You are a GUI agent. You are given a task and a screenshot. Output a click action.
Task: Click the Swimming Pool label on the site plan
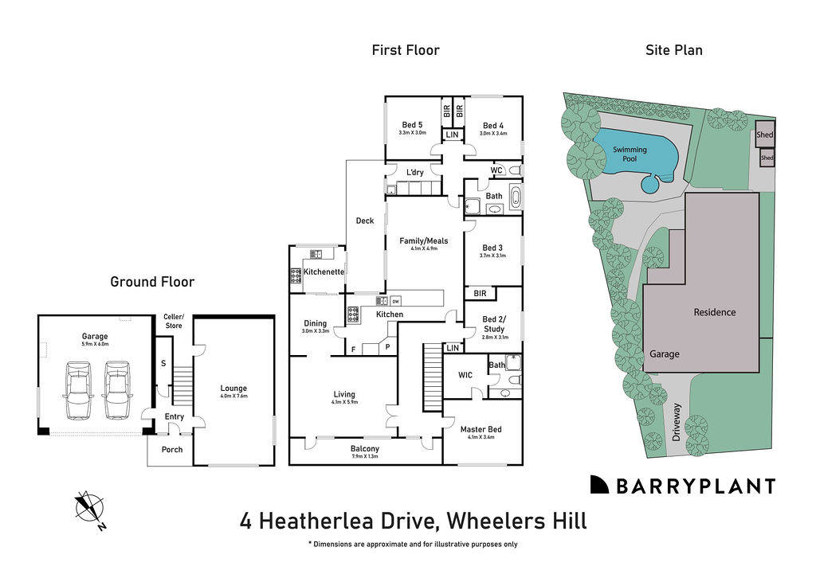(630, 154)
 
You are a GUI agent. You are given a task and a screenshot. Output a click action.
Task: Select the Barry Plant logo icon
(600, 485)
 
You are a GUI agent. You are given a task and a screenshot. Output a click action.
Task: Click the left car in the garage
(78, 390)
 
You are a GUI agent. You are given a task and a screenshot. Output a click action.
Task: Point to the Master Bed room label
(481, 430)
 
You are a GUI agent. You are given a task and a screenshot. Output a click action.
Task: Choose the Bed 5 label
(412, 125)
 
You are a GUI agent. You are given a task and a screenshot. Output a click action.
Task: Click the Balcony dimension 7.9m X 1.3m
(365, 457)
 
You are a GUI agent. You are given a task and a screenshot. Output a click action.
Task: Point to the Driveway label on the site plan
(677, 423)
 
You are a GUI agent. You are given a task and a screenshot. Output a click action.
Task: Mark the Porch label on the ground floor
(172, 450)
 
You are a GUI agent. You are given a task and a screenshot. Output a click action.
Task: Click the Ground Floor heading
(152, 282)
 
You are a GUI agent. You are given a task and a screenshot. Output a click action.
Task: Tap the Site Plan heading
(673, 50)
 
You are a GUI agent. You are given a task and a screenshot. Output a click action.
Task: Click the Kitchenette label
(324, 272)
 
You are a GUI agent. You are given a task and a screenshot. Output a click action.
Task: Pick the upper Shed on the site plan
(765, 135)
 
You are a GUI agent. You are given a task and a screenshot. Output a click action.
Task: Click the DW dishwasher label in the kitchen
(395, 301)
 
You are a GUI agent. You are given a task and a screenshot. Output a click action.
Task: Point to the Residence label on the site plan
(714, 312)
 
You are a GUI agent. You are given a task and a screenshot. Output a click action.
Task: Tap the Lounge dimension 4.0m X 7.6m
(233, 396)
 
